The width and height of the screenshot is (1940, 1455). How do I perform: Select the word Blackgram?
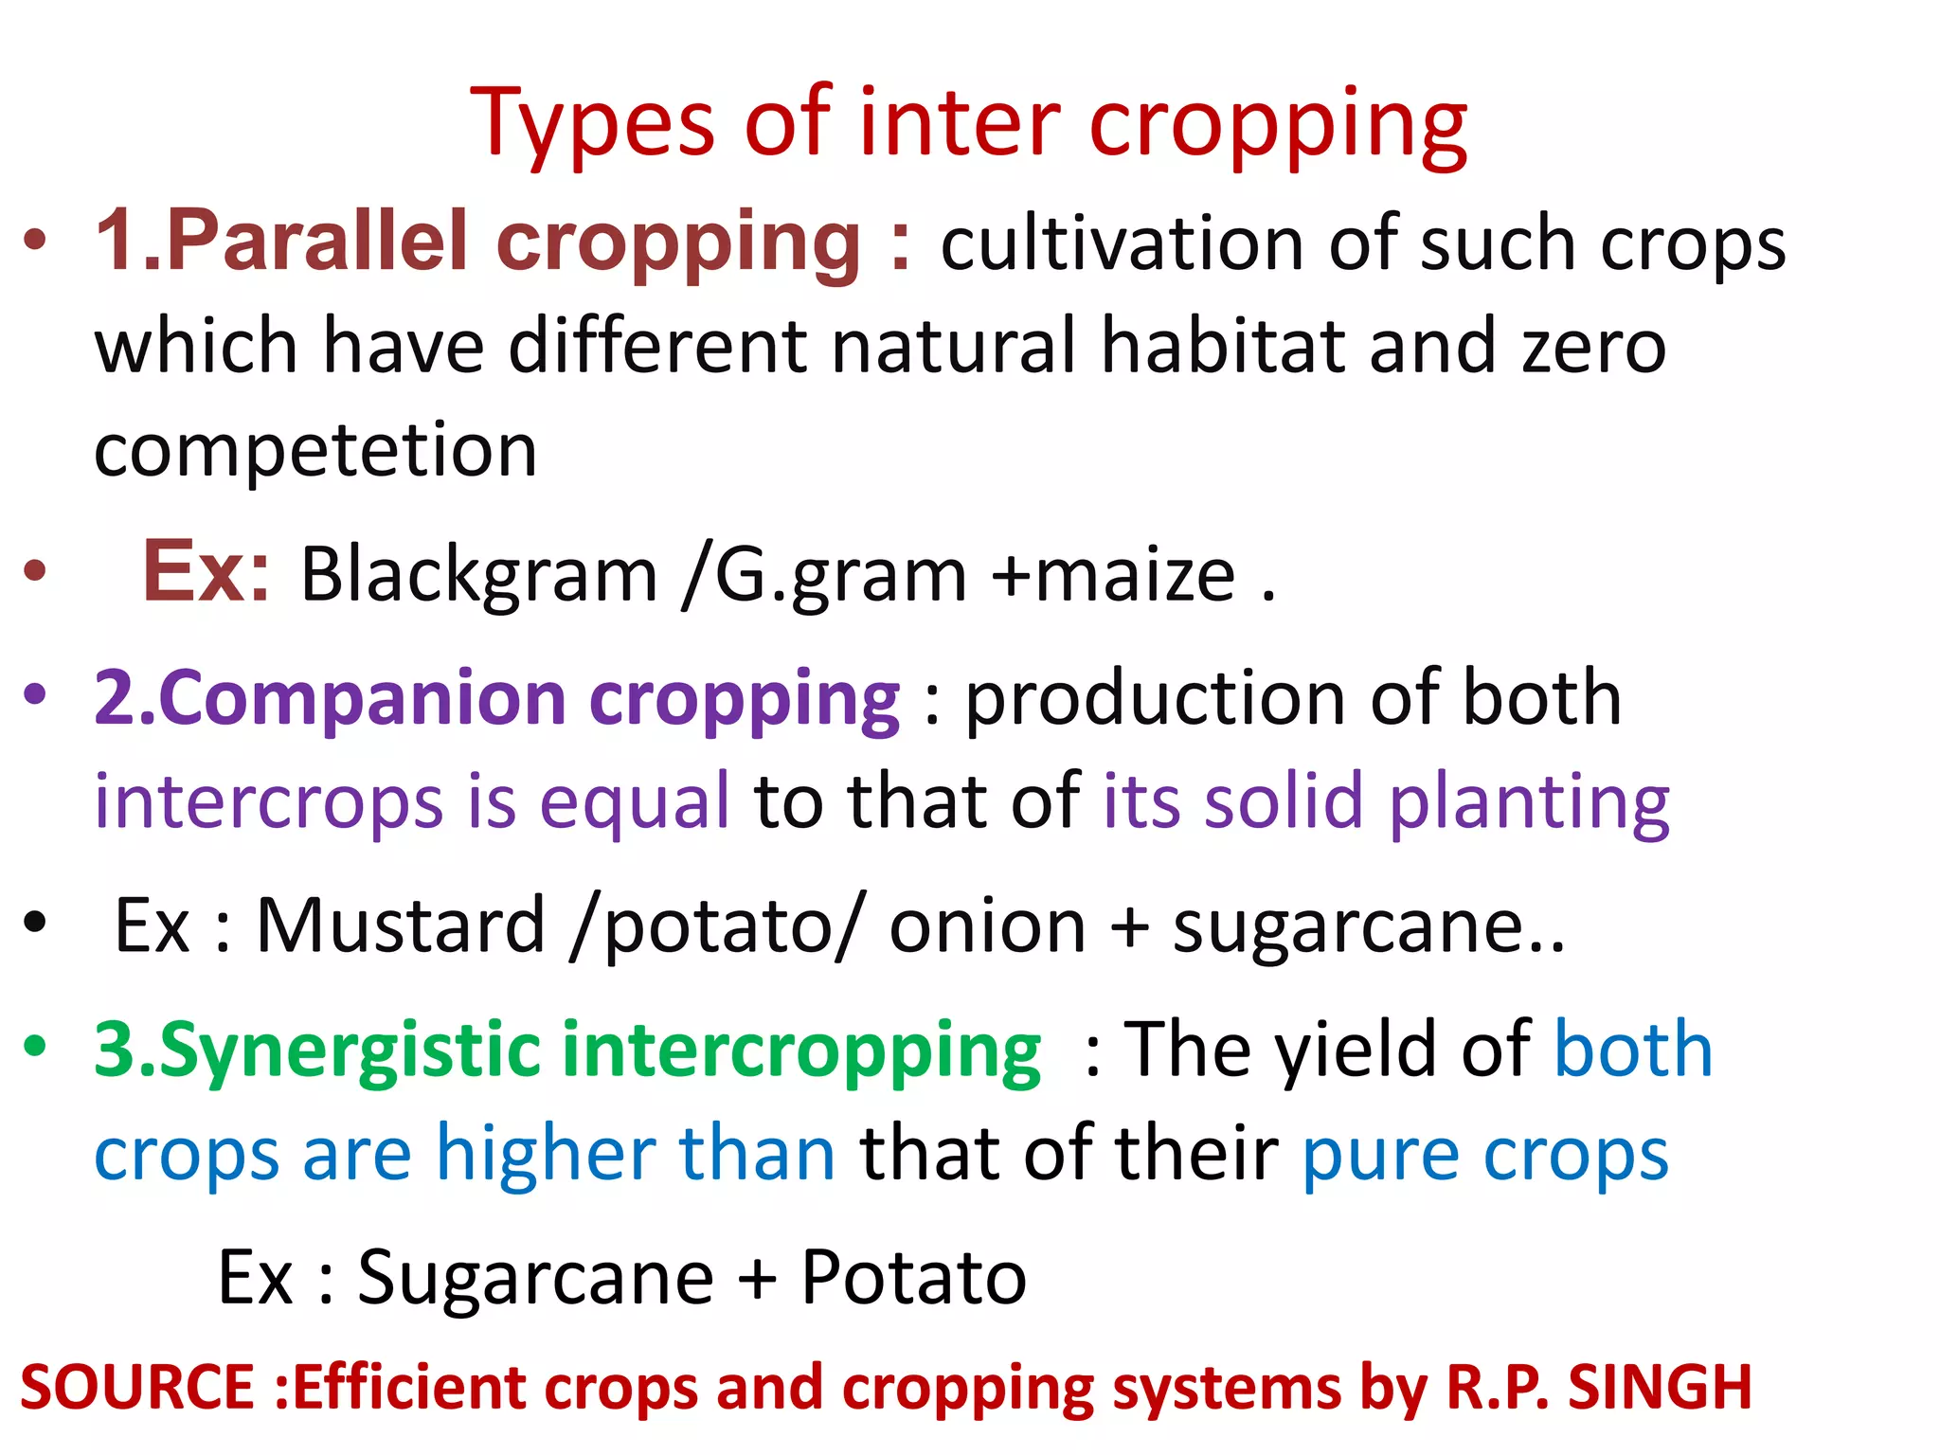[478, 574]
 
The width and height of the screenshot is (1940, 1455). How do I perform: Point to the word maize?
[1135, 574]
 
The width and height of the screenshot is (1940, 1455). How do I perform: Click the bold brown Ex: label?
[206, 571]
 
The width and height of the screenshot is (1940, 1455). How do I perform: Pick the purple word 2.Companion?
[330, 699]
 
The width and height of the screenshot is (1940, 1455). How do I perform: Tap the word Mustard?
[401, 925]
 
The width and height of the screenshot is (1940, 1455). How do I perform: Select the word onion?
[987, 925]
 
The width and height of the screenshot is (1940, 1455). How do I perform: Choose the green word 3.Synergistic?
[315, 1051]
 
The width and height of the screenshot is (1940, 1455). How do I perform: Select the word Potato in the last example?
[913, 1278]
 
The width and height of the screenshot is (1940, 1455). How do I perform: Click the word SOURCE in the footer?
[137, 1388]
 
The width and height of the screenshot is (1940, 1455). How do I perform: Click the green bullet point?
[35, 1047]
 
